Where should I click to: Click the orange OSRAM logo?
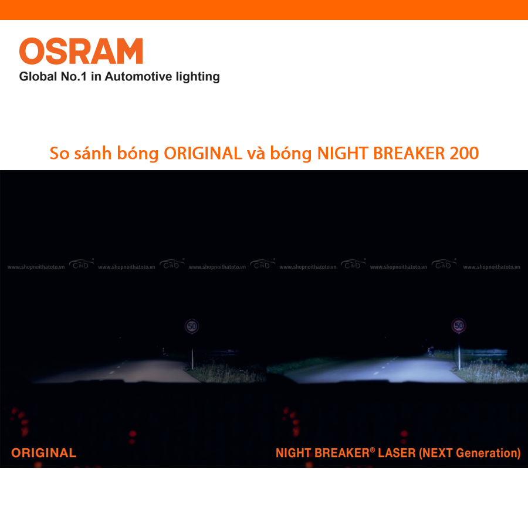81,51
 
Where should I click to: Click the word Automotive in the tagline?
136,77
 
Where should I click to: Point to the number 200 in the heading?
464,153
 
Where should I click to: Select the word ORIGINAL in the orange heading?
203,153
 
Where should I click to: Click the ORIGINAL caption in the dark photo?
43,453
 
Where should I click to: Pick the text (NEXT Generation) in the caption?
469,453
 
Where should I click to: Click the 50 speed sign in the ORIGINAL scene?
191,326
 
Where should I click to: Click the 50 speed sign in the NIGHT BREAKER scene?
459,326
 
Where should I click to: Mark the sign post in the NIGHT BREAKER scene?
459,352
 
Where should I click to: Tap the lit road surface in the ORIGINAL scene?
129,371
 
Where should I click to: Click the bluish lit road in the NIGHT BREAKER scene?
375,370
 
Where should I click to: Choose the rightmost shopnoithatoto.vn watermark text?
492,266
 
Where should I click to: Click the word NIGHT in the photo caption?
293,453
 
